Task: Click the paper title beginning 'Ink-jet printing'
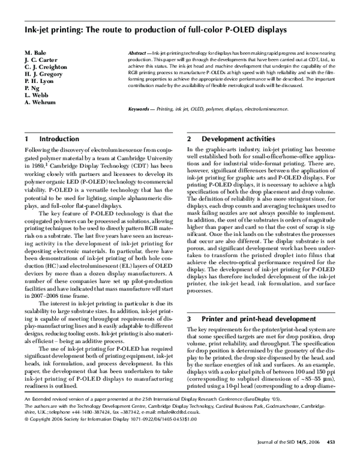click(x=147, y=28)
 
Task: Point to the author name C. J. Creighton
click(x=46, y=68)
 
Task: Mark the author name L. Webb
click(x=37, y=95)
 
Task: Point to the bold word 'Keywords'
click(x=141, y=109)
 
